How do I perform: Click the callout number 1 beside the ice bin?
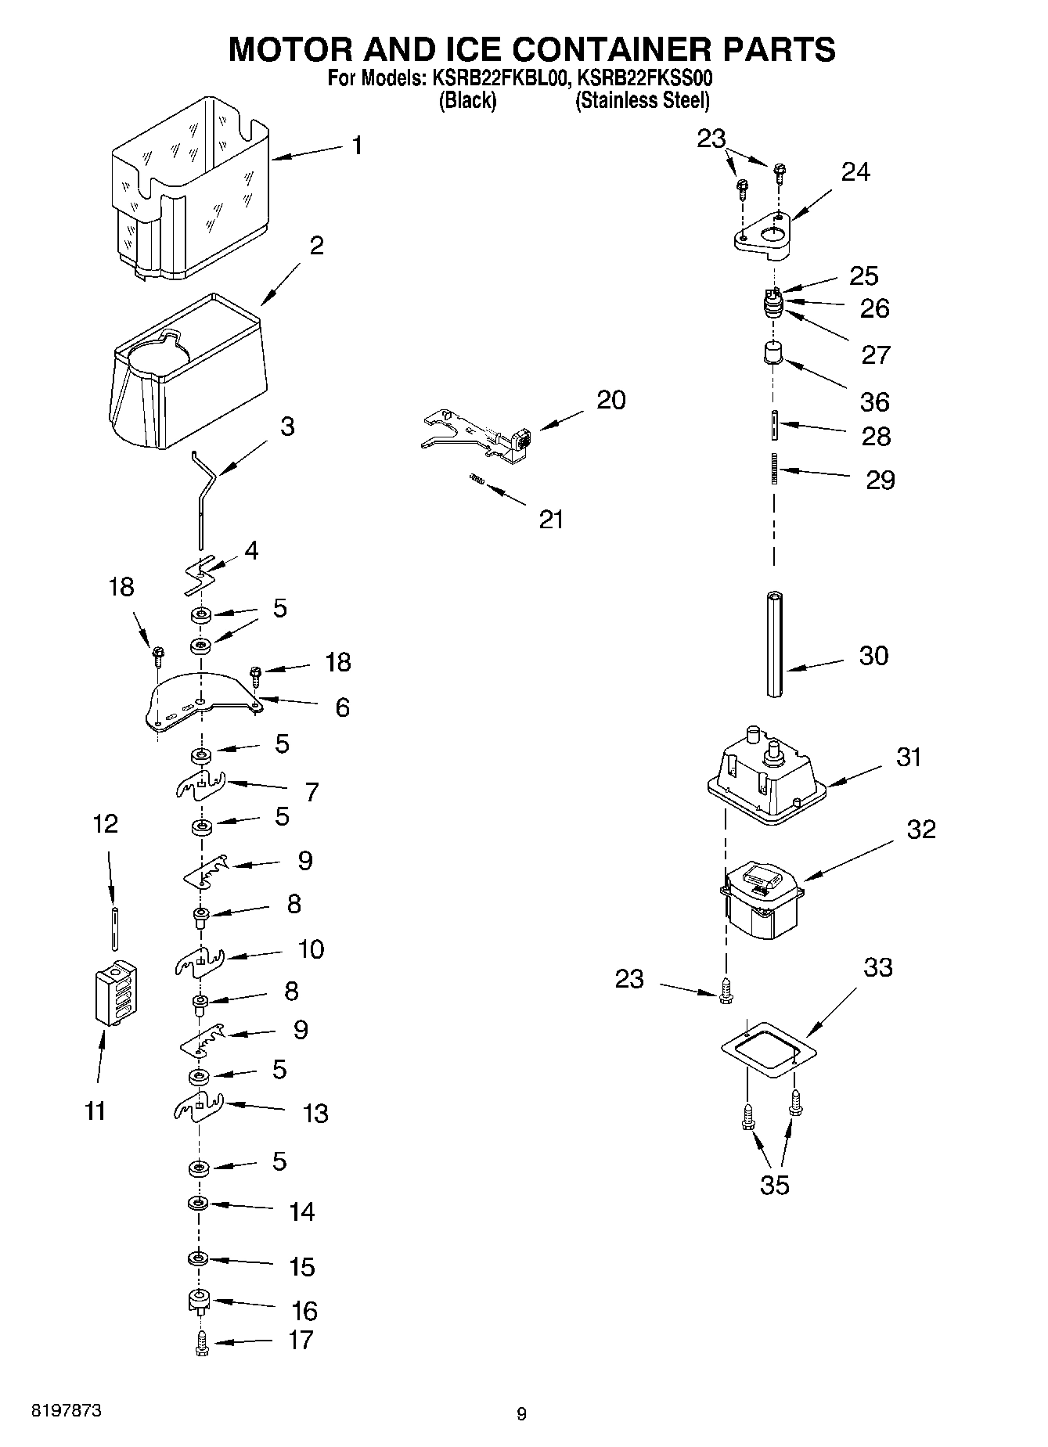click(357, 146)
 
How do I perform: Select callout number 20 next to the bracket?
click(611, 400)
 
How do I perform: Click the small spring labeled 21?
click(476, 480)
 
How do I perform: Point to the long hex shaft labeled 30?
click(775, 643)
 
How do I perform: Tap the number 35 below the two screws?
click(775, 1185)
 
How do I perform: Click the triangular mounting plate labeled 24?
click(764, 235)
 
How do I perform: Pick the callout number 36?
click(875, 401)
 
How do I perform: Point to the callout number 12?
click(106, 823)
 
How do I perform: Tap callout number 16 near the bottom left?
click(304, 1311)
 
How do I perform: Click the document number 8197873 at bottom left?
click(66, 1411)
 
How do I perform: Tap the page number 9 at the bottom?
click(522, 1413)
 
